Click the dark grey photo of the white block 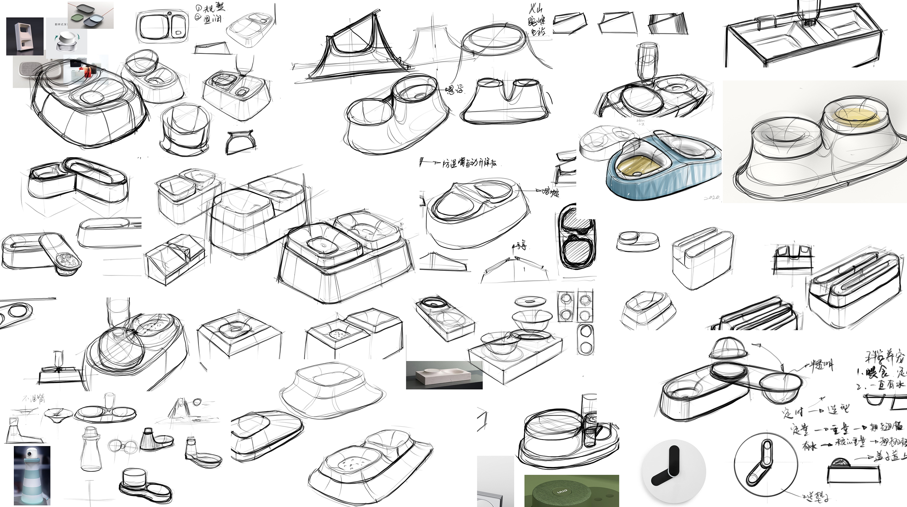point(25,36)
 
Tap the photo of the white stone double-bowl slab point(444,375)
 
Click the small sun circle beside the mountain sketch point(197,401)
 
